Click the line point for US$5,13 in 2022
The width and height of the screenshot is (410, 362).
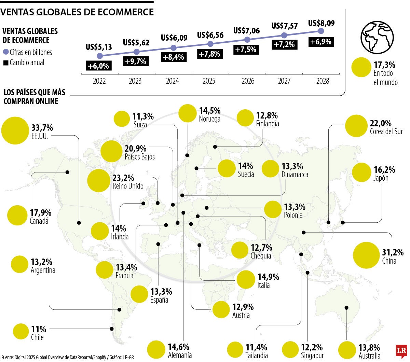click(x=100, y=56)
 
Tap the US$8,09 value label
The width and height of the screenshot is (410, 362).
click(x=321, y=23)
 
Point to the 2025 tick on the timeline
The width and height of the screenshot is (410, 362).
click(x=209, y=81)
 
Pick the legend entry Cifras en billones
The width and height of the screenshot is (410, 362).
click(x=28, y=52)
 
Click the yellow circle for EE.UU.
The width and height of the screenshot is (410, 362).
click(x=14, y=130)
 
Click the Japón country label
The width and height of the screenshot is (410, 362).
click(x=381, y=178)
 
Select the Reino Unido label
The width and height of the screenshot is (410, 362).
click(x=128, y=186)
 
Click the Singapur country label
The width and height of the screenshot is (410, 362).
click(x=312, y=356)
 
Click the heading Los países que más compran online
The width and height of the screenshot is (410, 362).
click(x=34, y=97)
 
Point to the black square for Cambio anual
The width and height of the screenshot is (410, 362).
click(x=5, y=63)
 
